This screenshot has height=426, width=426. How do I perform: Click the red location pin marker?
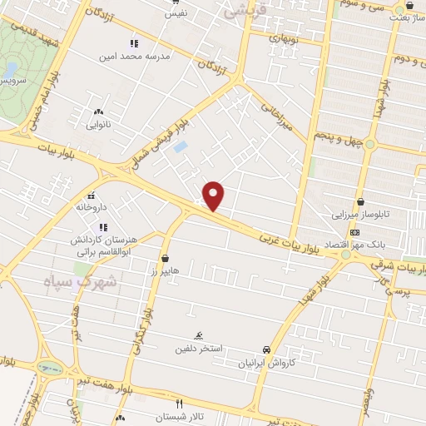(214, 196)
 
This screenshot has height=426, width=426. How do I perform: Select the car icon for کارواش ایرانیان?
(265, 349)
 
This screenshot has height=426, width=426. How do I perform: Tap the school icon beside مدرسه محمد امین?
(133, 43)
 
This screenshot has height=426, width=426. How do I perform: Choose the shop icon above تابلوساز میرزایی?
(360, 201)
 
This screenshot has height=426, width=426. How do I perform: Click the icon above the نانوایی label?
(99, 111)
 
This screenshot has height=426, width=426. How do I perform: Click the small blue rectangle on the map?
(180, 147)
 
